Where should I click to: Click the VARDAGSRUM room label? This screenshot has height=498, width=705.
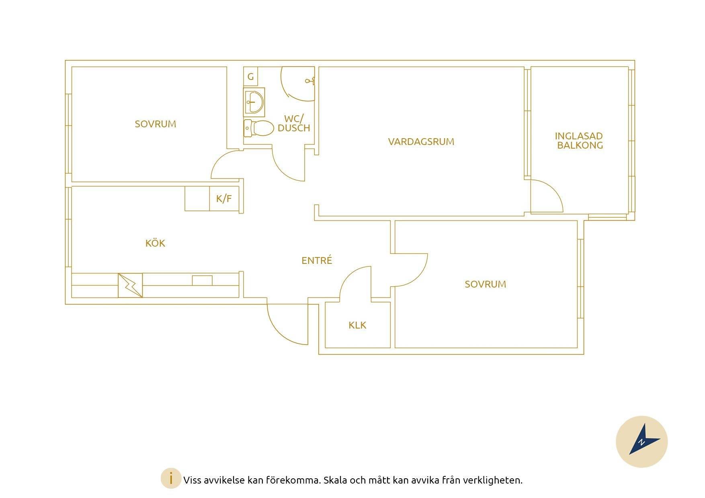(x=421, y=142)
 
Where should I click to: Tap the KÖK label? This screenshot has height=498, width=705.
(x=155, y=243)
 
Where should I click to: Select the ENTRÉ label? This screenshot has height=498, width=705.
(x=317, y=260)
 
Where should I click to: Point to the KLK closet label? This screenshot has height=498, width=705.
(x=357, y=325)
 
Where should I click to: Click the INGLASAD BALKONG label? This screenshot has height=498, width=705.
(x=579, y=141)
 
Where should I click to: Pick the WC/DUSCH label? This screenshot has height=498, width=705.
(x=294, y=123)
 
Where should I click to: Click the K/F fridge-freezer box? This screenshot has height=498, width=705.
(x=224, y=198)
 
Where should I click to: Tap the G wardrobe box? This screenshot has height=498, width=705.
(x=250, y=76)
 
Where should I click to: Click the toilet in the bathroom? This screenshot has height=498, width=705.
(x=259, y=128)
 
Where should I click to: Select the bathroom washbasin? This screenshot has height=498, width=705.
(x=254, y=102)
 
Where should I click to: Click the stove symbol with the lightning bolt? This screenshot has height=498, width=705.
(x=130, y=286)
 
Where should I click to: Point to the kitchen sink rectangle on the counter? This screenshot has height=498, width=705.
(x=202, y=280)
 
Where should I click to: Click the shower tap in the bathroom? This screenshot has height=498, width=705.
(x=310, y=81)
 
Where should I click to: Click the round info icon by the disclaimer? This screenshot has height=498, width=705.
(x=171, y=478)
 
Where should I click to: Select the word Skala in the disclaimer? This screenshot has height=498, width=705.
(x=335, y=480)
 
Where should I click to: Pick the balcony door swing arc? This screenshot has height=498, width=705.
(x=553, y=190)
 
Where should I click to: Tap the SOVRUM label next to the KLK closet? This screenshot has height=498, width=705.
(x=485, y=284)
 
